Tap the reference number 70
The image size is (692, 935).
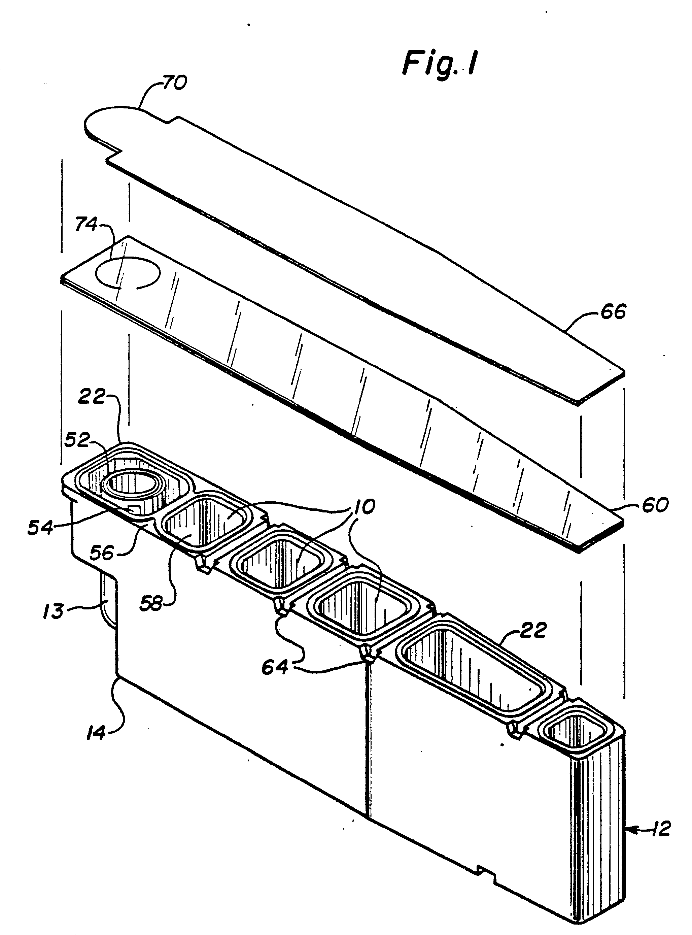pyautogui.click(x=174, y=82)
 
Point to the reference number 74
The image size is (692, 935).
pyautogui.click(x=86, y=225)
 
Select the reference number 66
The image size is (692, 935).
pyautogui.click(x=613, y=312)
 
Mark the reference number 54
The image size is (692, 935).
pyautogui.click(x=41, y=528)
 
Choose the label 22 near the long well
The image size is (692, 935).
pyautogui.click(x=533, y=630)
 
